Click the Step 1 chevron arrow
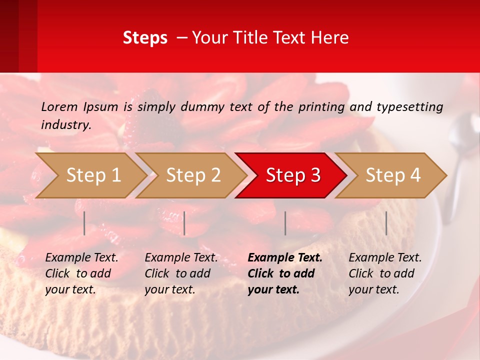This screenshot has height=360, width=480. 93,175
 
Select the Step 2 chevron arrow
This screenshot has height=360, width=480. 193,175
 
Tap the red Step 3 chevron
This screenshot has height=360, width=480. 292,175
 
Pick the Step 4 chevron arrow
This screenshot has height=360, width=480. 392,175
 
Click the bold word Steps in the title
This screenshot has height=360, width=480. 145,38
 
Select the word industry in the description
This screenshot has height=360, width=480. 65,125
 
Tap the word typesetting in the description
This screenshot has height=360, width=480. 409,107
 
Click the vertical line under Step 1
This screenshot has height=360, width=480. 84,223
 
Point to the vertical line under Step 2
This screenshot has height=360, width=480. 184,223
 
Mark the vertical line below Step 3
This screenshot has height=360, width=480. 285,223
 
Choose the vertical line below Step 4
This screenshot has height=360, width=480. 386,223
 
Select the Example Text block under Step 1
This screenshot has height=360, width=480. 81,273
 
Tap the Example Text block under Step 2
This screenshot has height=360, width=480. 181,273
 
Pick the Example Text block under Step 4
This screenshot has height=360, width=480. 385,273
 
